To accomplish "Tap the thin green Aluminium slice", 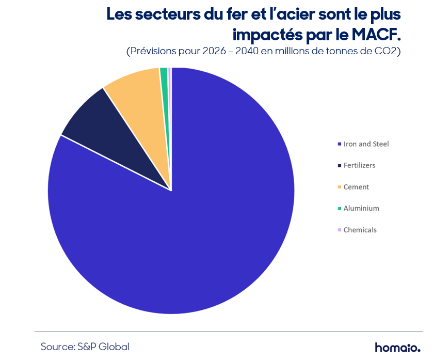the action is (165, 83).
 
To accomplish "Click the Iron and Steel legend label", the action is (366, 144).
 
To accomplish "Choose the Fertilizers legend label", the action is (359, 165).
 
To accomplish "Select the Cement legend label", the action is (356, 187).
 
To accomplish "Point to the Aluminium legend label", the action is (361, 208).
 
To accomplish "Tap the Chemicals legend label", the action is (360, 230).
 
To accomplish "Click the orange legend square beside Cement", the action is (340, 187).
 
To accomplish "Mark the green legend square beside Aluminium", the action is (340, 209).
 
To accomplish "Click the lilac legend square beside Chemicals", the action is (340, 230).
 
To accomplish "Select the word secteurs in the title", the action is (168, 14).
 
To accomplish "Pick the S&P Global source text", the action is (103, 347).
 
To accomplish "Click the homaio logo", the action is (397, 347).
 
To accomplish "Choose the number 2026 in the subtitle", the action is (214, 51).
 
